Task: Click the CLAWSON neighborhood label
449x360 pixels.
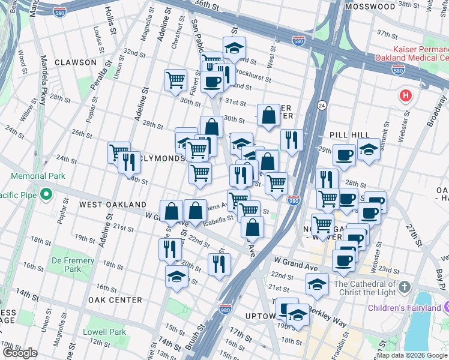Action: pos(75,62)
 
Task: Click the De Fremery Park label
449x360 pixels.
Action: pos(73,265)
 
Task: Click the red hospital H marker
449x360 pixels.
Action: pos(406,95)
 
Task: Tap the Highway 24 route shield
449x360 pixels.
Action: pos(322,105)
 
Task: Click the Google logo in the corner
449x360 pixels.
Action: pos(20,352)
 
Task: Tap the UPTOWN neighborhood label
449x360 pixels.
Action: pos(259,316)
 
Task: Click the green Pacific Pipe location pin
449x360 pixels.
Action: pos(46,195)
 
